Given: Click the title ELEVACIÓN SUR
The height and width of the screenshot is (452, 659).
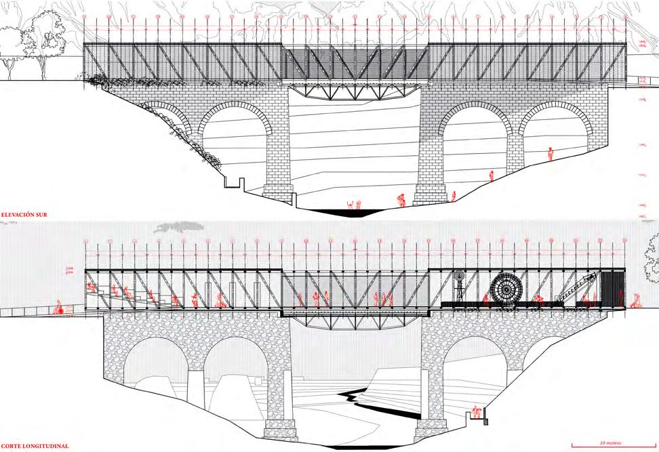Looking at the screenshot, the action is point(28,215).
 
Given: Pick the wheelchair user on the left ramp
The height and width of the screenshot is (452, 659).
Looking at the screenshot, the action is point(60,308).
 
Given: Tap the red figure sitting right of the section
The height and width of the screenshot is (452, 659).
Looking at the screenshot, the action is point(637,300).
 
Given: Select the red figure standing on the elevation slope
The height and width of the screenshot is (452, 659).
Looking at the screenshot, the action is point(551,154).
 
